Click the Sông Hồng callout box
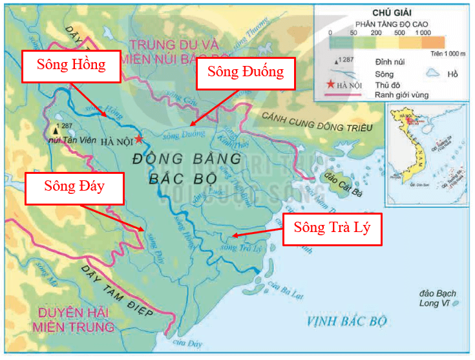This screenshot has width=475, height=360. click(x=71, y=65)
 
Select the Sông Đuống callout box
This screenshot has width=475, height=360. click(x=245, y=73)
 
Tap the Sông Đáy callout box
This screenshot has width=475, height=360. click(x=74, y=187)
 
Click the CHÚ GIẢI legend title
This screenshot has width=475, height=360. click(x=392, y=13)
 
